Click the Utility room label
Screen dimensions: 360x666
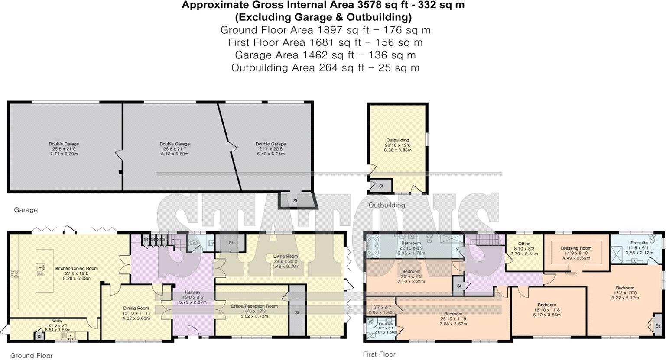(x=57, y=321)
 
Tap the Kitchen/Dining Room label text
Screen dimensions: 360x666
(x=76, y=269)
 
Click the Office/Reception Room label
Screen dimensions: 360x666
(x=254, y=306)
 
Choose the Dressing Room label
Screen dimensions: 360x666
(x=576, y=248)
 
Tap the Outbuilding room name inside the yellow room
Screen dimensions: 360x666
(x=397, y=140)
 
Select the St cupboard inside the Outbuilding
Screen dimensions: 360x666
(x=381, y=186)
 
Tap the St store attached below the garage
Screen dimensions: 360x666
(x=296, y=201)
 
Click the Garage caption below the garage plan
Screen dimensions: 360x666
(x=26, y=210)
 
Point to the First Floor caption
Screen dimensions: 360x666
(x=379, y=354)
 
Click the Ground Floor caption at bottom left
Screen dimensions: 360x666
(x=32, y=356)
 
